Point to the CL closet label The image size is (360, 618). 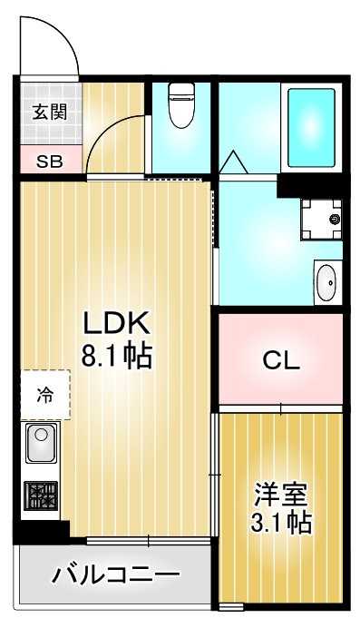pyautogui.click(x=281, y=360)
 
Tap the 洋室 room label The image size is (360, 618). pyautogui.click(x=281, y=495)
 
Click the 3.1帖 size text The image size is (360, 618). pyautogui.click(x=281, y=524)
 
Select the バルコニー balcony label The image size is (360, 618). pyautogui.click(x=115, y=574)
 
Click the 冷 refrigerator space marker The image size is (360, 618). pyautogui.click(x=44, y=395)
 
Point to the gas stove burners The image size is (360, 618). pyautogui.click(x=42, y=495)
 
